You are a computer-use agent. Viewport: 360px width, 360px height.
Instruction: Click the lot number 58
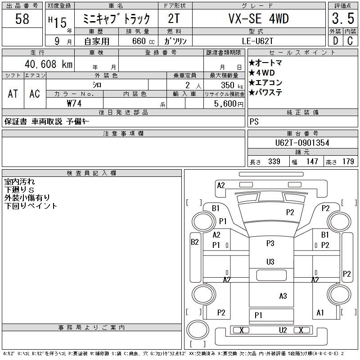(22, 18)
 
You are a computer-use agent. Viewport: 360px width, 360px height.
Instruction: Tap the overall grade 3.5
(343, 18)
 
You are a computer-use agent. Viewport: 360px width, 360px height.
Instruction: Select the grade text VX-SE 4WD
(258, 18)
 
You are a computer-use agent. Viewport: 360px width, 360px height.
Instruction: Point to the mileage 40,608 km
(49, 64)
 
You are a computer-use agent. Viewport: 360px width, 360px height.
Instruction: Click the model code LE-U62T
(257, 41)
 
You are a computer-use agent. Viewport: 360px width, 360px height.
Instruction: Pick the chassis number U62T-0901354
(302, 143)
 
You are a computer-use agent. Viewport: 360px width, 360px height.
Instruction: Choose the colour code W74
(74, 103)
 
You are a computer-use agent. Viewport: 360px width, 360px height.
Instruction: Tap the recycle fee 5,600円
(229, 104)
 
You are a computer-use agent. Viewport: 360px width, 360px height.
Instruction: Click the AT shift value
(13, 94)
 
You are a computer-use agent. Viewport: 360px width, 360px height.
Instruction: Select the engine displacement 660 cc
(143, 41)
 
